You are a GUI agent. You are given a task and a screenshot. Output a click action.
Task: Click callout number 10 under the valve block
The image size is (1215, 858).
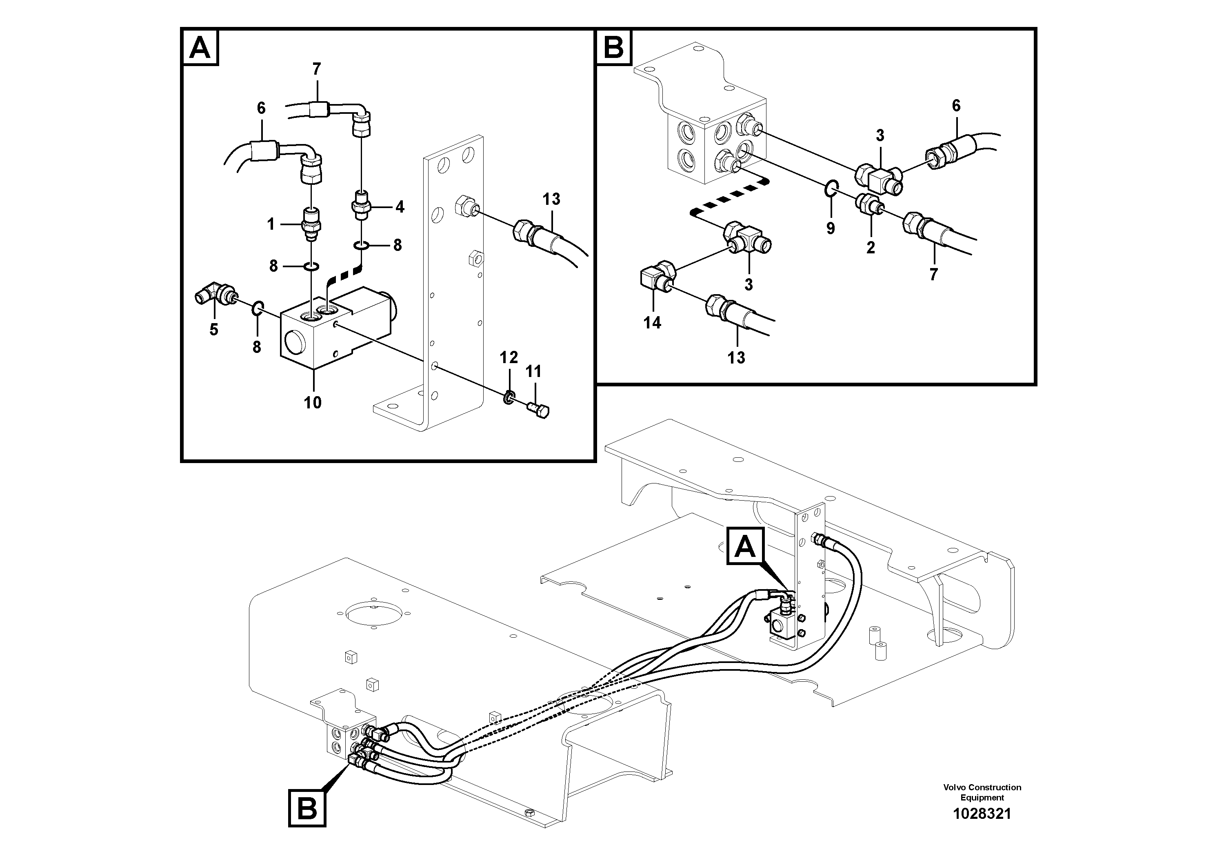tap(312, 403)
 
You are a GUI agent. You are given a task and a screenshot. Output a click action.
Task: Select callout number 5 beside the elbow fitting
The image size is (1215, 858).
tap(214, 330)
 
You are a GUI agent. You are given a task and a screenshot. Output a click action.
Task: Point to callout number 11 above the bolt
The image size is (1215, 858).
tap(533, 372)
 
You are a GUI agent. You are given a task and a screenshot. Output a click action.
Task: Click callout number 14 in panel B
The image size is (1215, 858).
tap(652, 323)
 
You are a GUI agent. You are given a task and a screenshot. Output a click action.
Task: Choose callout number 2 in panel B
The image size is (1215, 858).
tap(871, 248)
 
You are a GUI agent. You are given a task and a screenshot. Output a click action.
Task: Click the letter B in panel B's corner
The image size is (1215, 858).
tap(614, 48)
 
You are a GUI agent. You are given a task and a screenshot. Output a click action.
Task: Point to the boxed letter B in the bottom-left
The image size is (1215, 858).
tap(307, 808)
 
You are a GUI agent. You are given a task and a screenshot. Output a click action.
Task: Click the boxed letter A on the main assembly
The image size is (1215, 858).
tap(746, 546)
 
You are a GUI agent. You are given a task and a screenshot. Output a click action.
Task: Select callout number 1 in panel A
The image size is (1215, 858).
tap(271, 225)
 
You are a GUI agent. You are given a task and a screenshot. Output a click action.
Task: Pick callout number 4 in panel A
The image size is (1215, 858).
tap(400, 207)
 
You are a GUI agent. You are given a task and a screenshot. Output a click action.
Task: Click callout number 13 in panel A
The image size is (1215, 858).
tap(551, 200)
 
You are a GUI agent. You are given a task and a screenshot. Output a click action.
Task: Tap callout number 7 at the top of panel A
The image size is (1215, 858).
tap(316, 69)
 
